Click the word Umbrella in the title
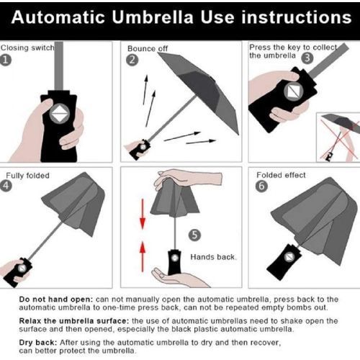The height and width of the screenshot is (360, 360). pyautogui.click(x=153, y=17)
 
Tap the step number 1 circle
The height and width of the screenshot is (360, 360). pyautogui.click(x=6, y=60)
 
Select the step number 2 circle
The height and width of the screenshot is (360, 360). pyautogui.click(x=132, y=60)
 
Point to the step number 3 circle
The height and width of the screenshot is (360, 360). pyautogui.click(x=307, y=58)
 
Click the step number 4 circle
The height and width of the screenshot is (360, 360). pyautogui.click(x=6, y=186)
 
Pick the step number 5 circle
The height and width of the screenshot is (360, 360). pyautogui.click(x=194, y=235)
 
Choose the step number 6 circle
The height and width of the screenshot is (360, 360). pyautogui.click(x=261, y=186)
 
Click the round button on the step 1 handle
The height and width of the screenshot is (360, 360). pyautogui.click(x=60, y=114)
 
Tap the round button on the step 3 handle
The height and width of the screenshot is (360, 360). pyautogui.click(x=293, y=91)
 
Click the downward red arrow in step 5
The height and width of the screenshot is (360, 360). pyautogui.click(x=143, y=214)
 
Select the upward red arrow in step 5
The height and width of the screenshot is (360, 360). pyautogui.click(x=143, y=256)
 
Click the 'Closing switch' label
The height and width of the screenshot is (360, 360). pyautogui.click(x=27, y=48)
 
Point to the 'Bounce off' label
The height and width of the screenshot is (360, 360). pyautogui.click(x=148, y=48)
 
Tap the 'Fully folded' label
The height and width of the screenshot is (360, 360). pyautogui.click(x=27, y=176)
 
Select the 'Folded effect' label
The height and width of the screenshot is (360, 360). pyautogui.click(x=281, y=175)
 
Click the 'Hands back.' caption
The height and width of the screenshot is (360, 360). pyautogui.click(x=213, y=257)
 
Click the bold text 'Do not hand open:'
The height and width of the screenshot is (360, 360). pyautogui.click(x=56, y=300)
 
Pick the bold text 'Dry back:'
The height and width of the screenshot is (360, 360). pyautogui.click(x=38, y=343)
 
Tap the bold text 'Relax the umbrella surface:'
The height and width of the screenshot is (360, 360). pyautogui.click(x=74, y=321)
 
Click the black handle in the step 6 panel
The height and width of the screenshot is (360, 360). pyautogui.click(x=284, y=262)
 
